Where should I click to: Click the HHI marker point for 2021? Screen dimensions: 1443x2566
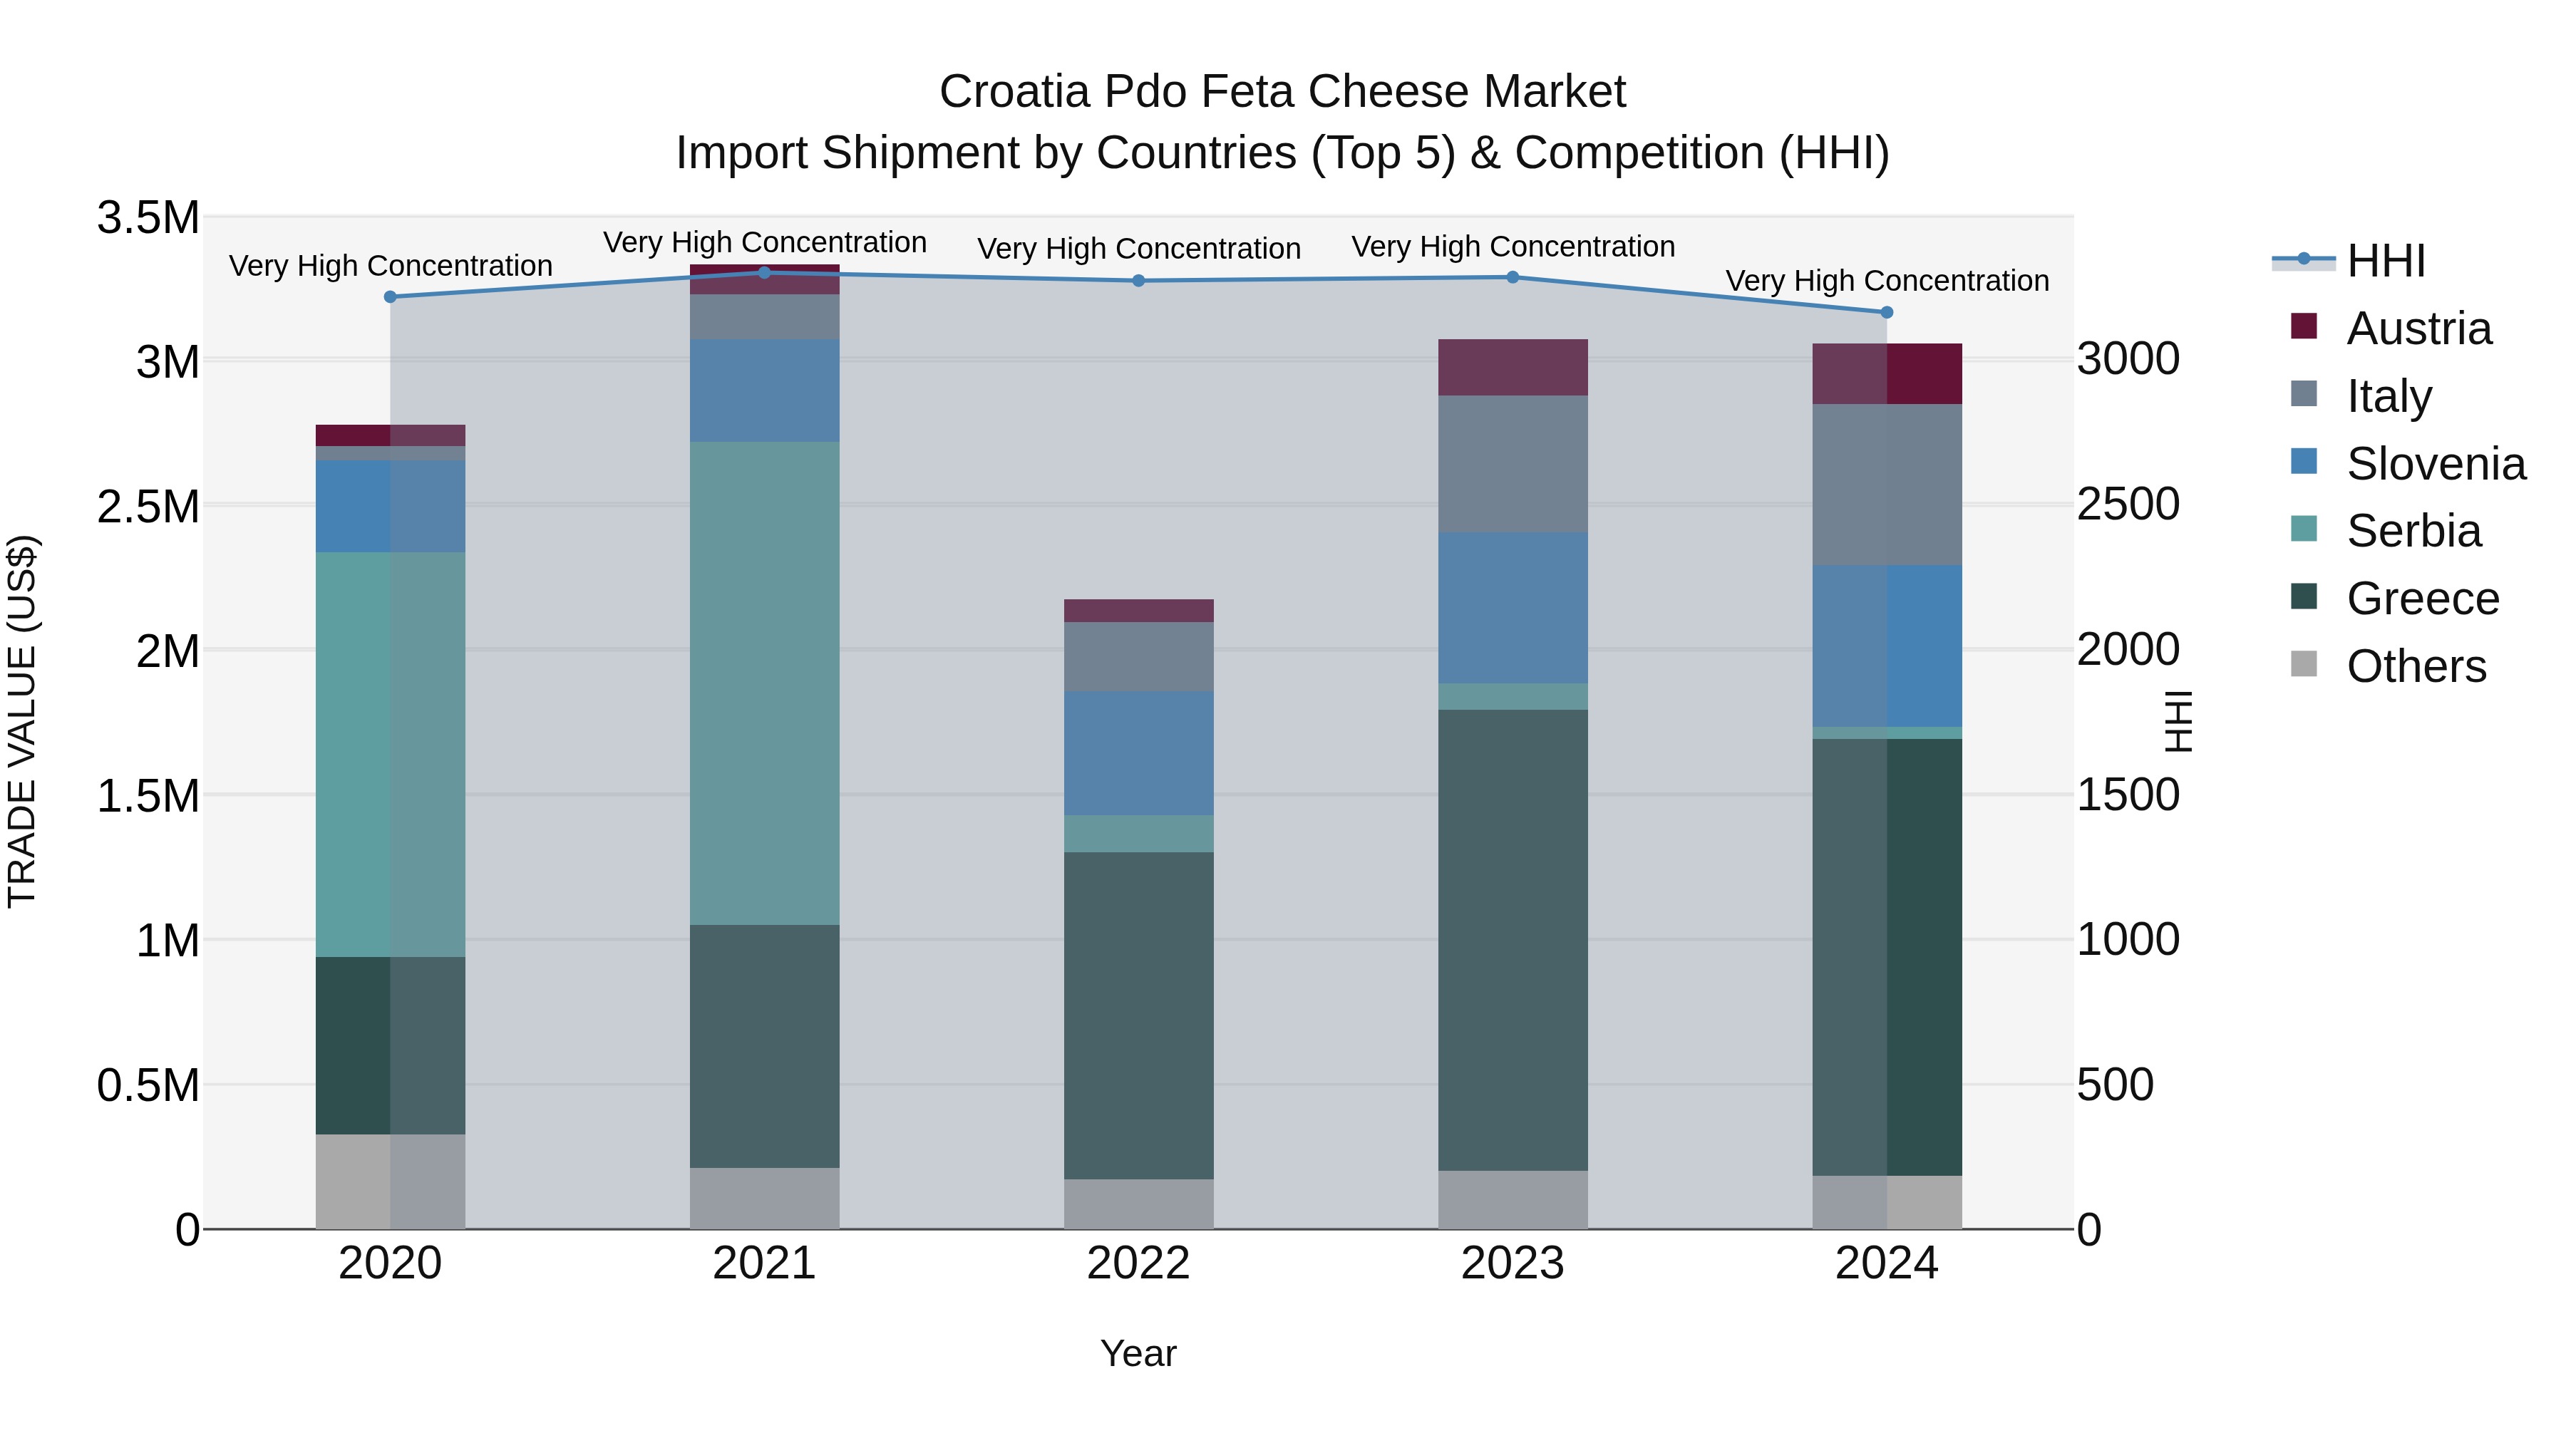tap(764, 273)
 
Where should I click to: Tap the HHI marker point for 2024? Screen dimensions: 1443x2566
tap(1885, 313)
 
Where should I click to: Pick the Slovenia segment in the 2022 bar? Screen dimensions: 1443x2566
tap(1138, 753)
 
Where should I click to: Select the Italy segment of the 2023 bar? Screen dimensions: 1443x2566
tap(1512, 463)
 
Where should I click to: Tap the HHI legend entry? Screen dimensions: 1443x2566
tap(2385, 261)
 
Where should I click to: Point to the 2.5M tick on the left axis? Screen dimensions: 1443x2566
tap(148, 507)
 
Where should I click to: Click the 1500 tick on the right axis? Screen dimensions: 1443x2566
tap(2128, 795)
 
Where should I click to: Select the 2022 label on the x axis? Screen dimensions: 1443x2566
tap(1138, 1263)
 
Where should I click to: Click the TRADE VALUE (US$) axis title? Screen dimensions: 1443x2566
tap(23, 721)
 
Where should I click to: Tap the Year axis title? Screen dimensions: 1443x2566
tap(1138, 1353)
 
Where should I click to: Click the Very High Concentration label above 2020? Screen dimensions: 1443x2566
tap(391, 266)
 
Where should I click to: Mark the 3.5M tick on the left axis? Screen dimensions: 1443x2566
tap(148, 218)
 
